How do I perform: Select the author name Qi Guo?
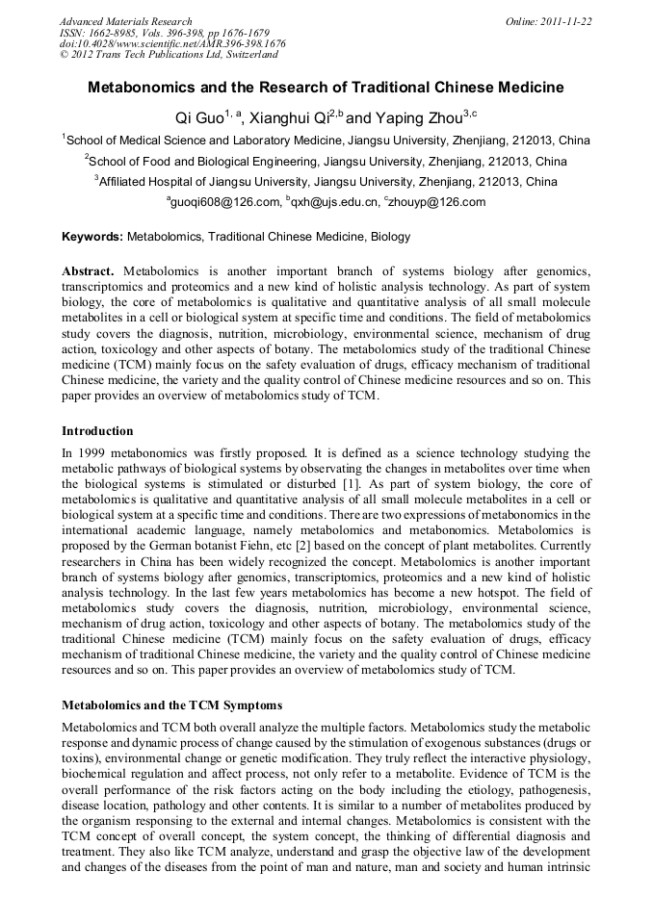click(x=199, y=118)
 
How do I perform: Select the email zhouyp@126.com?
click(x=438, y=202)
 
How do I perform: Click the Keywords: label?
click(x=92, y=236)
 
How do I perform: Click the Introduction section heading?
click(x=97, y=430)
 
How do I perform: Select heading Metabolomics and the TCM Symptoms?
click(x=171, y=705)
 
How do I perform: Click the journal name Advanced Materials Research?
click(x=125, y=21)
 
